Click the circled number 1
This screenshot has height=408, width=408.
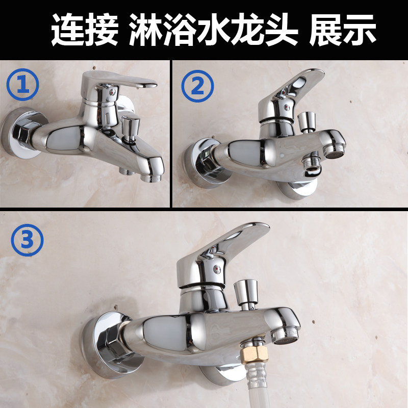pos(22,85)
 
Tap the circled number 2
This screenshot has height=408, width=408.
pos(197,86)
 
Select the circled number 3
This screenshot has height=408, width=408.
pos(28,240)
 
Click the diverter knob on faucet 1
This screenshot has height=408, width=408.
pos(131,128)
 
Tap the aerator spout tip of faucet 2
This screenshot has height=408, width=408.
pos(335,151)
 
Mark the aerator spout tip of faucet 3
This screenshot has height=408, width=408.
pos(286,337)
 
